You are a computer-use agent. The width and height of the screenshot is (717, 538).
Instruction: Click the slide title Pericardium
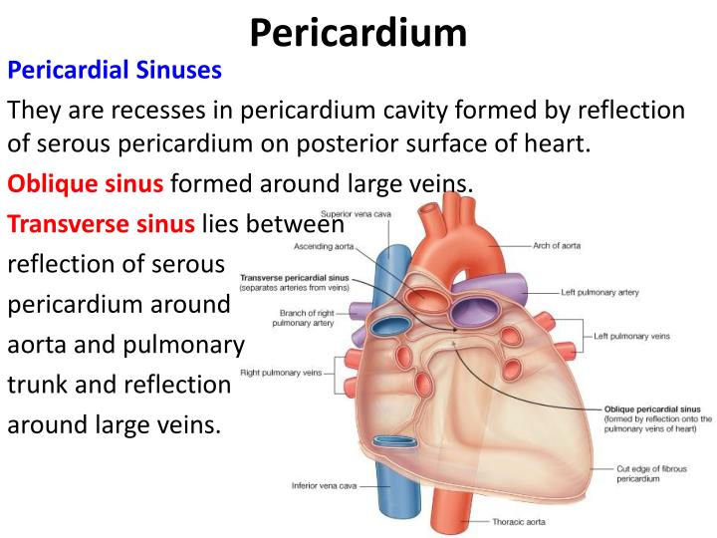(358, 32)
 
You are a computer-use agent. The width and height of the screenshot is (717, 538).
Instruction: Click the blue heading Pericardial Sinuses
(115, 72)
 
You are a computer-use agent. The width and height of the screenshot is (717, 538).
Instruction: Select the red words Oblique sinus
(88, 183)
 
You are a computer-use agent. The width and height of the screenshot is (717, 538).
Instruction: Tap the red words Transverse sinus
(102, 223)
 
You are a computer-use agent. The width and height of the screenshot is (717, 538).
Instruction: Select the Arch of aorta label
(558, 244)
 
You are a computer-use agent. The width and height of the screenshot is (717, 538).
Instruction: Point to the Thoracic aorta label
(520, 521)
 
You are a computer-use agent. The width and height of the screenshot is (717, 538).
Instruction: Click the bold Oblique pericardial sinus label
(652, 408)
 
